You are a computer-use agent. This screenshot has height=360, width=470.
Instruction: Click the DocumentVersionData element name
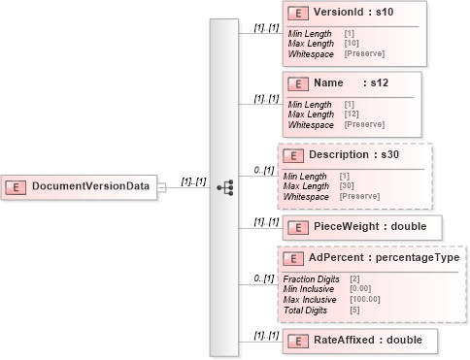point(91,185)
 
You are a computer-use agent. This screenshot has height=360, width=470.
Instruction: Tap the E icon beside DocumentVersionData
point(17,185)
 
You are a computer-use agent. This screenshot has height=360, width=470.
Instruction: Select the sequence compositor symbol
point(225,184)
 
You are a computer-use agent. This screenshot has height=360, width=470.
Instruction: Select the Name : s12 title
point(351,84)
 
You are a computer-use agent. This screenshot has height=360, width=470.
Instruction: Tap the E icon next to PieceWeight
point(298,227)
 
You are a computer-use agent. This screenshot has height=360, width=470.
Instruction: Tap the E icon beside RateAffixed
point(298,341)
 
